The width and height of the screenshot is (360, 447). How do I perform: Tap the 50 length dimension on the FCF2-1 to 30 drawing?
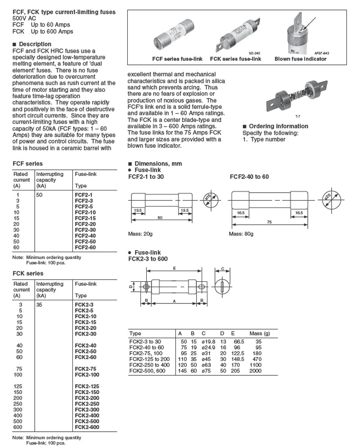(x=159, y=217)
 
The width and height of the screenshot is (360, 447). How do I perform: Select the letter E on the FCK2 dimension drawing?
(x=174, y=268)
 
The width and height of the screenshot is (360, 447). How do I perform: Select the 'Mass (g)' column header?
(x=260, y=334)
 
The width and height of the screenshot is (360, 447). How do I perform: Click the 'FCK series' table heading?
(x=28, y=273)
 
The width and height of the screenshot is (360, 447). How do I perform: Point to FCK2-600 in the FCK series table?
(x=86, y=427)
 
